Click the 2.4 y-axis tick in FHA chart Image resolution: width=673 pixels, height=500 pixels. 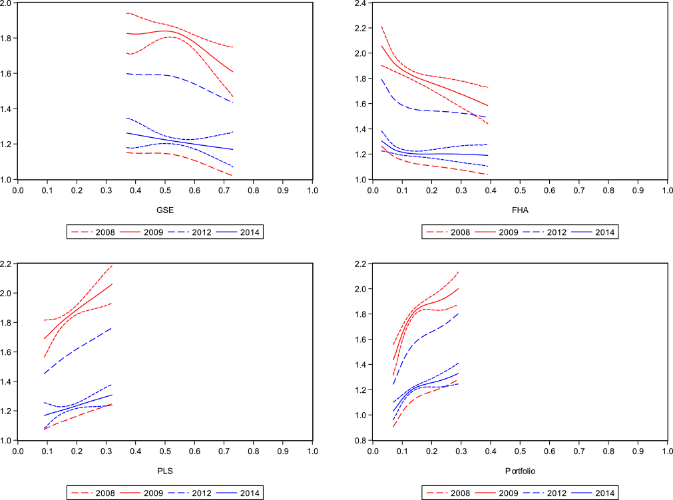pyautogui.click(x=362, y=3)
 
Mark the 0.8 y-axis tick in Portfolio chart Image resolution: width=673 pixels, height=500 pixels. pyautogui.click(x=362, y=440)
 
